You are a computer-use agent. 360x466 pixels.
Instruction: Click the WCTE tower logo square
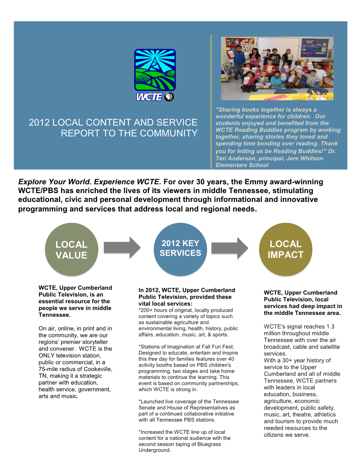click(x=155, y=70)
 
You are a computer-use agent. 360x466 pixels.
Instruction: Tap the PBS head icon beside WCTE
click(x=169, y=97)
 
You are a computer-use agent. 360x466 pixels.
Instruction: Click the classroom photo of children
click(x=277, y=68)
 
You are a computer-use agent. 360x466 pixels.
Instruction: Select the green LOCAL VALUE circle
click(x=71, y=249)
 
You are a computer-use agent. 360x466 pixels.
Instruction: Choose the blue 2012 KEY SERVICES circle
click(x=180, y=249)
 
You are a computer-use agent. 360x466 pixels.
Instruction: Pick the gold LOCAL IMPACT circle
click(x=286, y=249)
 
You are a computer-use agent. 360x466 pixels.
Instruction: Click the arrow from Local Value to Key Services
click(x=122, y=248)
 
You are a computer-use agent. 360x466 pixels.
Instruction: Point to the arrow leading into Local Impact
click(x=229, y=248)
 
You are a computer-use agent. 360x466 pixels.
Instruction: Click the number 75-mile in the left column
click(x=49, y=369)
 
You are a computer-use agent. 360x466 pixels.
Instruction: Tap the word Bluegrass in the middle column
click(x=209, y=444)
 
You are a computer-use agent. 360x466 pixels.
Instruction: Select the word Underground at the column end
click(x=154, y=450)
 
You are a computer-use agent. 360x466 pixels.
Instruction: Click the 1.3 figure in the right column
click(x=330, y=327)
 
